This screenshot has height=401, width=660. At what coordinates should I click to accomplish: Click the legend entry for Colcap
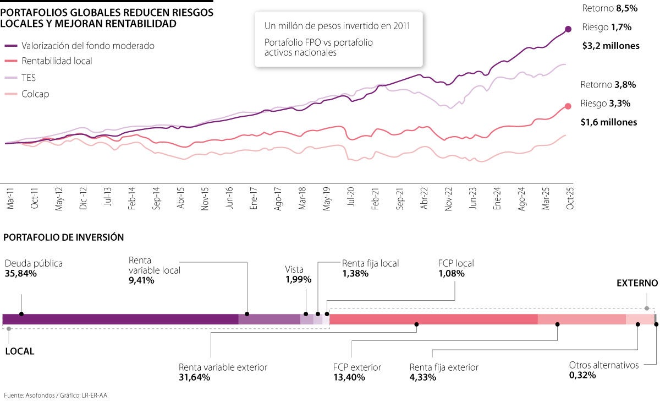(x=35, y=94)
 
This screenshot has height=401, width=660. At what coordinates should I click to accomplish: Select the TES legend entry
(x=29, y=78)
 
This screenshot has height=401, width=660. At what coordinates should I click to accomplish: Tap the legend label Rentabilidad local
(x=57, y=61)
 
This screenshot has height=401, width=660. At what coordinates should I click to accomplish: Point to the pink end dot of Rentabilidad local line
(x=568, y=107)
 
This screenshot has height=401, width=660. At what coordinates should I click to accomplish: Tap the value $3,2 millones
(x=610, y=46)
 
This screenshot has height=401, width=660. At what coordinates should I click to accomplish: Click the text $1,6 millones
(x=608, y=122)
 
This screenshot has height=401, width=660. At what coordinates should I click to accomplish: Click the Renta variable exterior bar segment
(x=433, y=319)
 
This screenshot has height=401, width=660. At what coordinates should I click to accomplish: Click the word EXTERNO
(x=637, y=283)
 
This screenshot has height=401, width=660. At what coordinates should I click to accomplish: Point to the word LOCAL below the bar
(x=19, y=351)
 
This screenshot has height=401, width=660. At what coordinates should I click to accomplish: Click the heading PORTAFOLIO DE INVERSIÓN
(x=63, y=237)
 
